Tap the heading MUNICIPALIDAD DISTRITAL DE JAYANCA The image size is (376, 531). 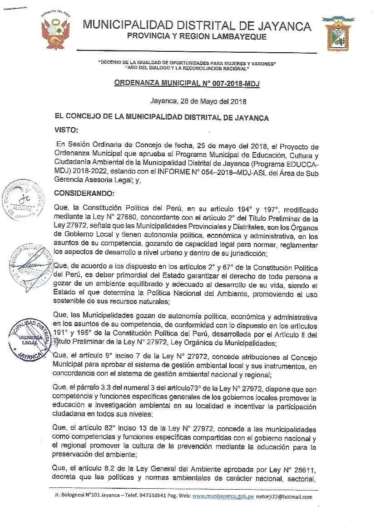point(197,26)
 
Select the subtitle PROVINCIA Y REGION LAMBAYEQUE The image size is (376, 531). point(197,35)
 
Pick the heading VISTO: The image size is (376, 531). point(66,130)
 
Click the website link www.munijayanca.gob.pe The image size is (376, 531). point(223,496)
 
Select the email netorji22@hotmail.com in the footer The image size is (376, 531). point(284,496)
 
